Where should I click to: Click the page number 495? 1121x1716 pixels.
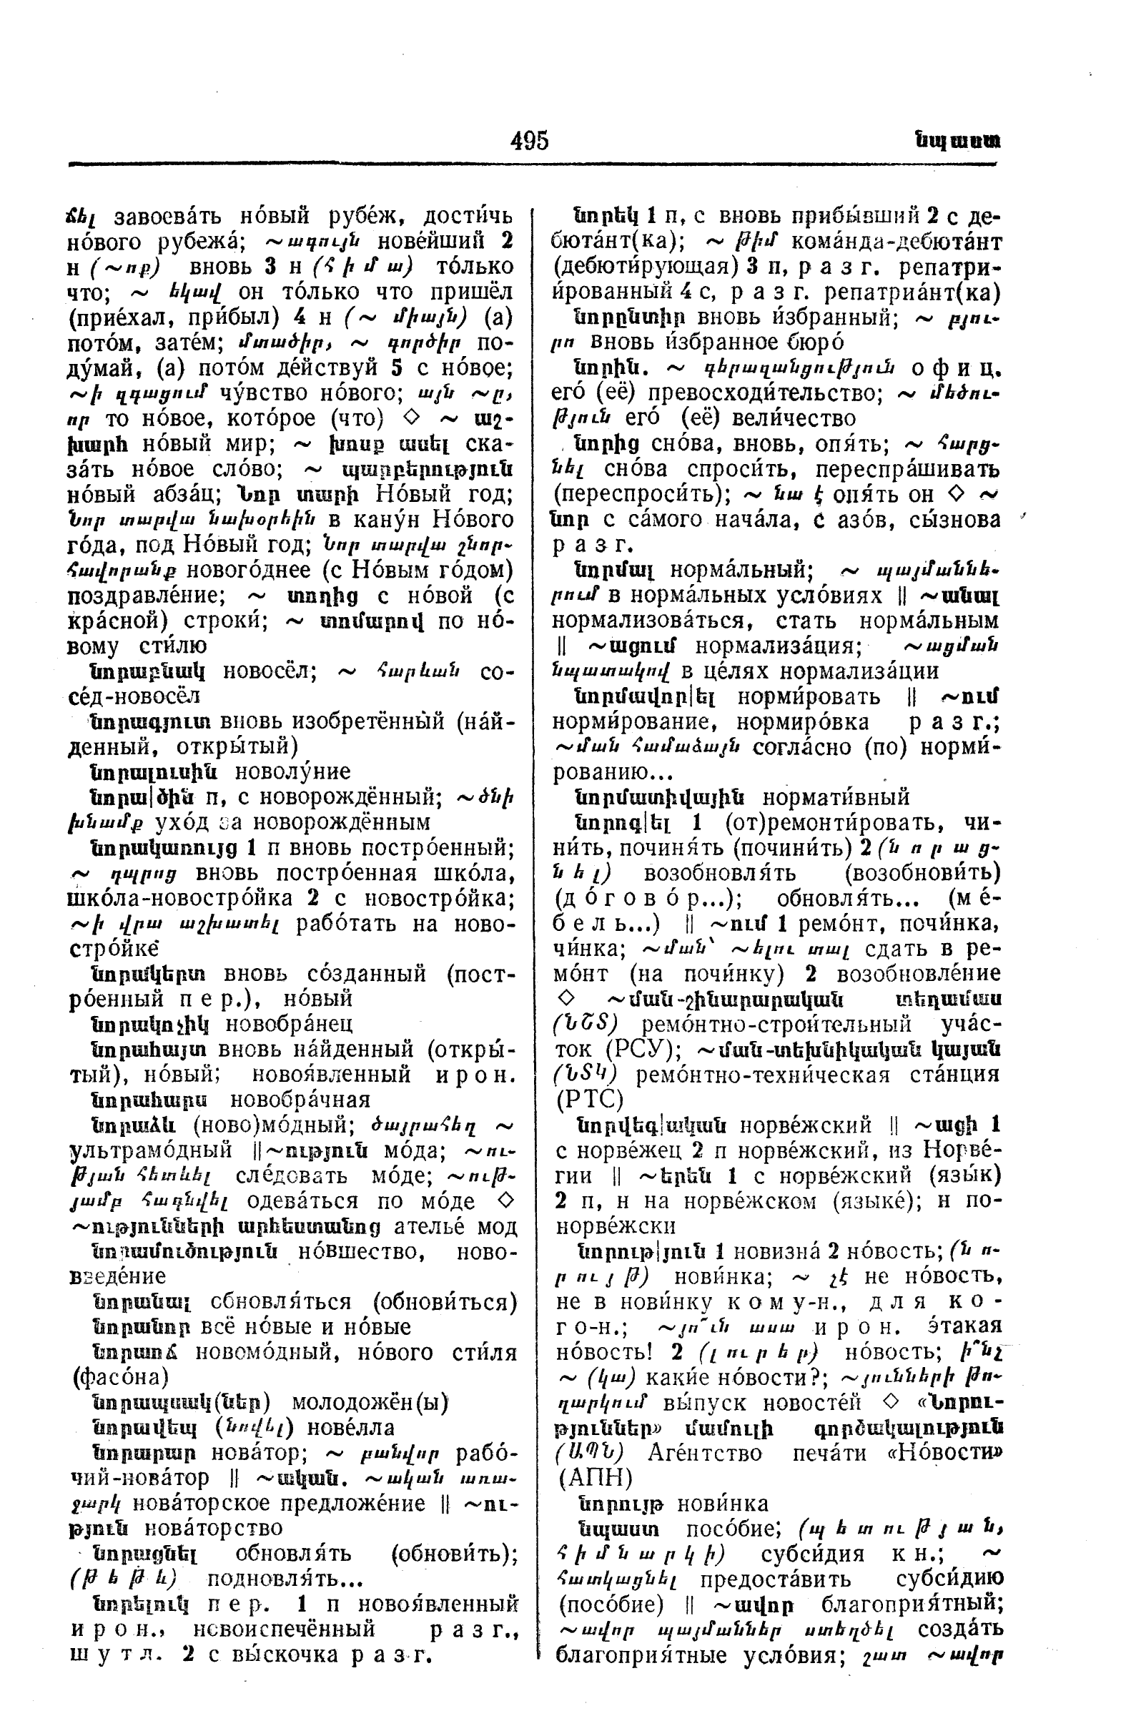pyautogui.click(x=529, y=140)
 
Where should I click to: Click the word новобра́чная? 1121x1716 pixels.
pyautogui.click(x=300, y=1100)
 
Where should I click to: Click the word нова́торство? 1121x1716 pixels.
pyautogui.click(x=213, y=1529)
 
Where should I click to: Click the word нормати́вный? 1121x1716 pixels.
pyautogui.click(x=836, y=797)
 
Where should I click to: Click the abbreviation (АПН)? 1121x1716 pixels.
pyautogui.click(x=596, y=1479)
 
